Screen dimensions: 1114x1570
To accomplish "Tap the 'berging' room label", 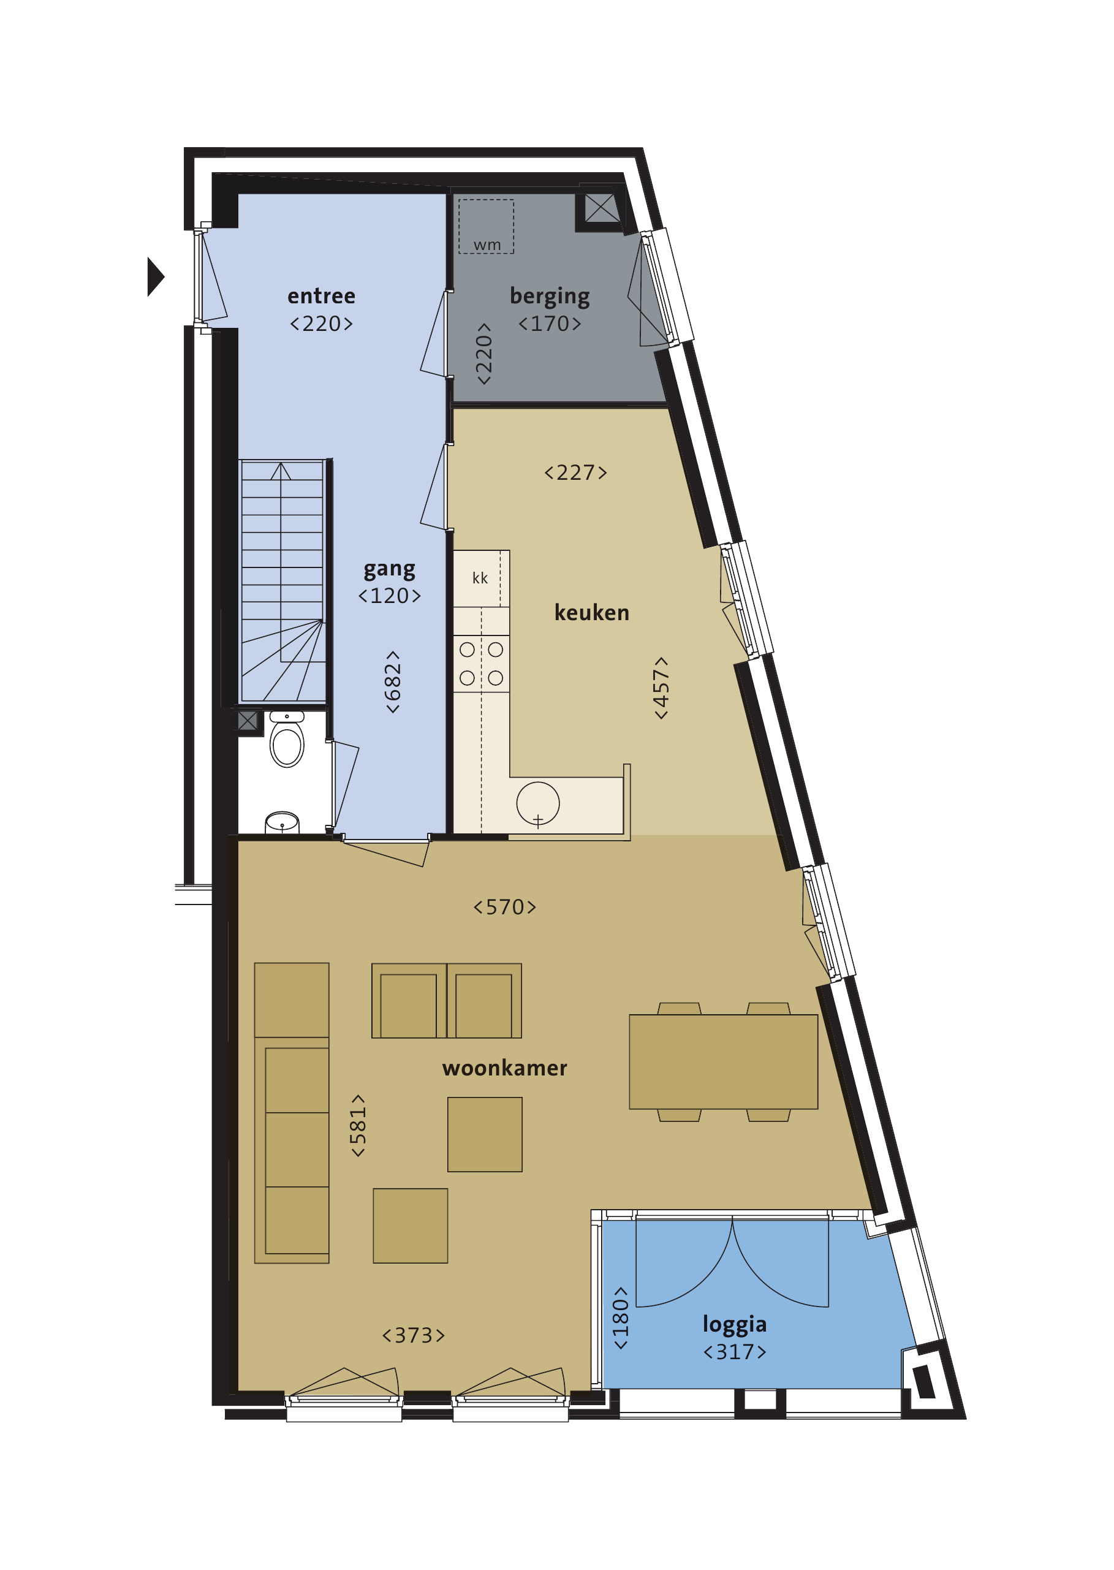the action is point(550,297).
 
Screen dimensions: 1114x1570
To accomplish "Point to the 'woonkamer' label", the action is point(504,1068).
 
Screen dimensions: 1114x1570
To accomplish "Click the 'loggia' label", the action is point(734,1324).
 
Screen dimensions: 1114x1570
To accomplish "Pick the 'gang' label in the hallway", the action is point(389,570).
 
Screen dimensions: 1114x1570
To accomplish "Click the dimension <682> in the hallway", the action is point(392,682).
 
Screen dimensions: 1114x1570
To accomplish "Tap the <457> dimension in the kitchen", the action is point(661,688).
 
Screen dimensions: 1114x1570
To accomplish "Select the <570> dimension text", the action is point(504,907).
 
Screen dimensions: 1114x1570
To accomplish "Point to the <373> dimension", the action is point(413,1335).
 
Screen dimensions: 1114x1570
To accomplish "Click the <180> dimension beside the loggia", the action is point(620,1318).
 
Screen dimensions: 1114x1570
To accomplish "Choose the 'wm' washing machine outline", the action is point(487,226).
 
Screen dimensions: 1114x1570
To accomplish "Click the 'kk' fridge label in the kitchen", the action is point(480,578).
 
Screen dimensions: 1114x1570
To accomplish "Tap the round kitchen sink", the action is point(538,803).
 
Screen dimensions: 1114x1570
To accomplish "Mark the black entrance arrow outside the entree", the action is point(156,276).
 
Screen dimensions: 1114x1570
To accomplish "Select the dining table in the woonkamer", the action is point(723,1061).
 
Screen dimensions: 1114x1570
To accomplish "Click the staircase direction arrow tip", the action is point(281,464).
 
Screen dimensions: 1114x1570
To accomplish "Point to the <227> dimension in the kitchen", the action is point(575,472).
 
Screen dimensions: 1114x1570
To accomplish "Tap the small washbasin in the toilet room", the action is point(282,822).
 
